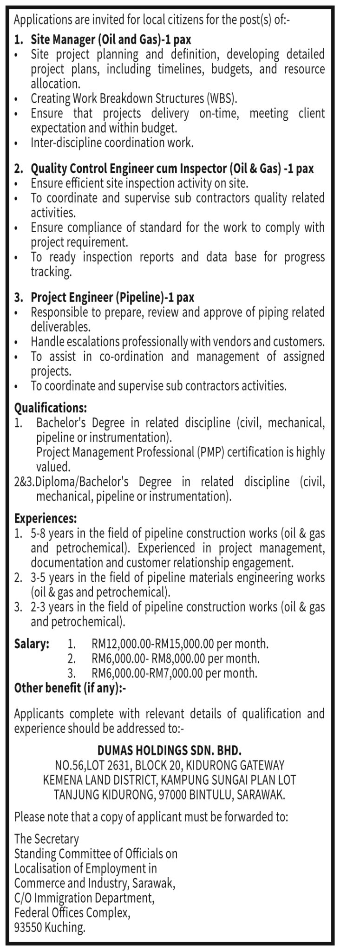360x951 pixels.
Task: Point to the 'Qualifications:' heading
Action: tap(51, 408)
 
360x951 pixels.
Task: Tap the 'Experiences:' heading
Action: tap(46, 518)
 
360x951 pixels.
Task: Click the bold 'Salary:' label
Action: tap(32, 644)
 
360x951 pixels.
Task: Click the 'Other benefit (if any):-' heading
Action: tap(70, 688)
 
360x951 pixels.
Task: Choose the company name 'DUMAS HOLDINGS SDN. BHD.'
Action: tap(170, 750)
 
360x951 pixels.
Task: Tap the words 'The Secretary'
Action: tap(46, 839)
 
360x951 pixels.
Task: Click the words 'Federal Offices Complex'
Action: tap(72, 913)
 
